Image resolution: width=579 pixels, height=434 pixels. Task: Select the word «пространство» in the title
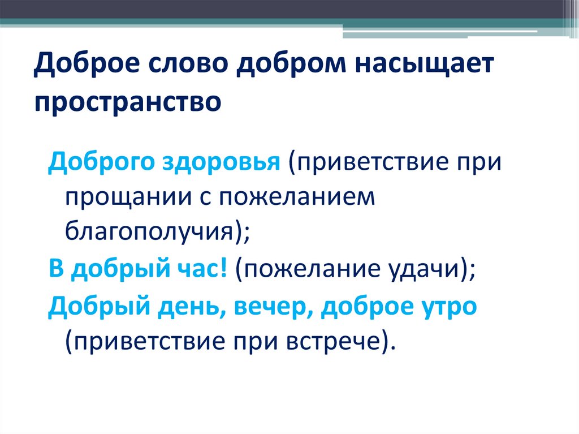click(x=127, y=102)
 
